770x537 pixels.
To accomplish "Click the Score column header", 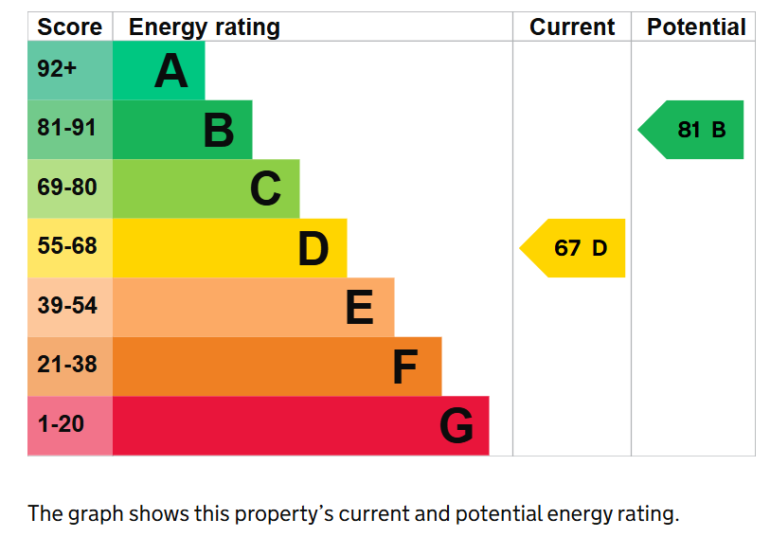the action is point(70,27).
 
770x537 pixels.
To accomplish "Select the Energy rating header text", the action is point(205,28).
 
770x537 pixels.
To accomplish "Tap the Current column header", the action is point(572,27).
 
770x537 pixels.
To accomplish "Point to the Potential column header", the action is point(696,27).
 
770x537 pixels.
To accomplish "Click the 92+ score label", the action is point(57,68).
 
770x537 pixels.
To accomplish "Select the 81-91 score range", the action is point(67,128).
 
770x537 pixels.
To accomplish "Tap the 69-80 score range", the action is point(67,187).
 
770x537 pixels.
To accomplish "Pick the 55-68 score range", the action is point(67,245).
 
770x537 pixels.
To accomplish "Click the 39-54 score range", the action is point(67,305).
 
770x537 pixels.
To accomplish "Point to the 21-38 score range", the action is point(67,365).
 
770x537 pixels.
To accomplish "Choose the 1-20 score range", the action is point(61,423).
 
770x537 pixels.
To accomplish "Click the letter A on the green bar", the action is point(170,71).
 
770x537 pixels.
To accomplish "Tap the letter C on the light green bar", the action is point(266,188).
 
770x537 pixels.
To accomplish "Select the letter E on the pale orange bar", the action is point(360,307).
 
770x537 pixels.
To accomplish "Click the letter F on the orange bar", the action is point(405,367).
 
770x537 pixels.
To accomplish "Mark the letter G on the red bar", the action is point(457,425).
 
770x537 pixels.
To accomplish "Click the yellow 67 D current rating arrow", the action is point(572,248).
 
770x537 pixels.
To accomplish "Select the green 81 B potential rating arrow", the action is point(690,130).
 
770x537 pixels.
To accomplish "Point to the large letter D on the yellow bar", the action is point(313,248).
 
